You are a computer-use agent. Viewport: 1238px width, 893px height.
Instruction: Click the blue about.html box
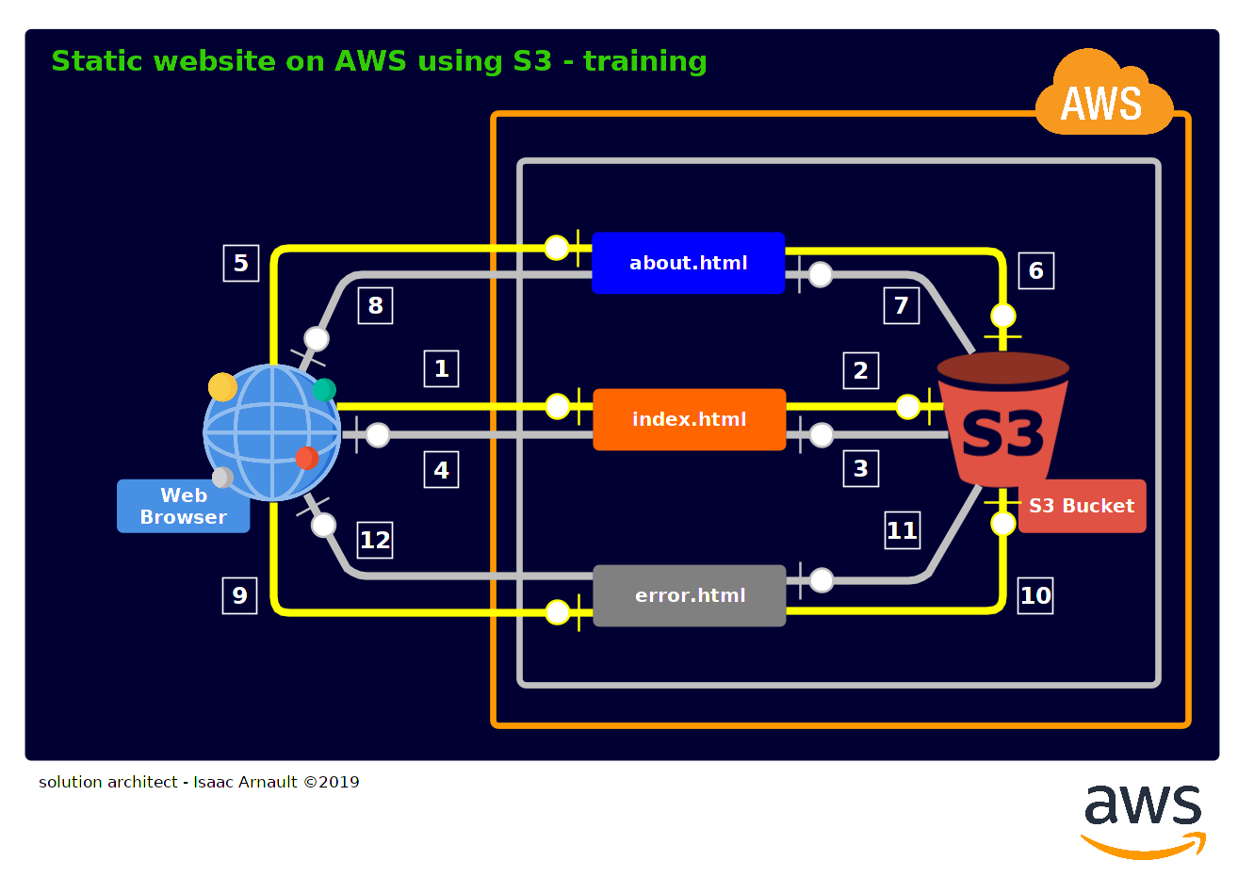688,263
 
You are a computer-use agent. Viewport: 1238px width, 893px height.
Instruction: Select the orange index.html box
689,419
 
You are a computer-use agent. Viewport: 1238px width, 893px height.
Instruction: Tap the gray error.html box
689,595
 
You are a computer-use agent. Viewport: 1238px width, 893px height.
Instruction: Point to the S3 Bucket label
1082,506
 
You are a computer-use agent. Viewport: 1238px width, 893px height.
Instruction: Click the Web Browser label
183,506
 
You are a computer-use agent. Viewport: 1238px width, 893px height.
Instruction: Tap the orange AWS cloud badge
1102,99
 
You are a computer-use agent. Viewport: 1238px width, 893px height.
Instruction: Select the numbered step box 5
240,263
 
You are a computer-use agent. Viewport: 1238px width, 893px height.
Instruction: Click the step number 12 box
375,540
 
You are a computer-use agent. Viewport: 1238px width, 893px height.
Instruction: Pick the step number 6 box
1035,271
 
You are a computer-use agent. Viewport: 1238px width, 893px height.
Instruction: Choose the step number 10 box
1035,595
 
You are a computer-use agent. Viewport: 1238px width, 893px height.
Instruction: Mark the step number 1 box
441,368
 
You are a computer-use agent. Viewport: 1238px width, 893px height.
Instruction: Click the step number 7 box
901,305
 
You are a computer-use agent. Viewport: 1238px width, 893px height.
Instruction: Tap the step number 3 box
860,468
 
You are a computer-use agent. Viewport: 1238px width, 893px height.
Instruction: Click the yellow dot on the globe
222,387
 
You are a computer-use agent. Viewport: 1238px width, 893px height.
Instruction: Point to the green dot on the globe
324,389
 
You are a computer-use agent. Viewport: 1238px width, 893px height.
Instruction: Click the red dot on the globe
306,458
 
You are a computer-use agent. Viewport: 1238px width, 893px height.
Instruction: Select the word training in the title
644,61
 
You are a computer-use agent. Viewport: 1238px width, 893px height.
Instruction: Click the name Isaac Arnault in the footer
245,782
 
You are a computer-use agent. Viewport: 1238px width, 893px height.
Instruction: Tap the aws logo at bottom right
1143,820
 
